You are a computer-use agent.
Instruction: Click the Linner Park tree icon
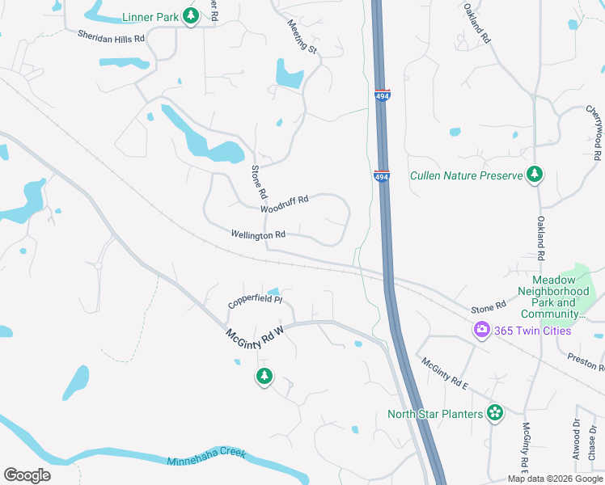coord(190,16)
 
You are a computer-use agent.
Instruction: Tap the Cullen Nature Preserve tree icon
coord(534,175)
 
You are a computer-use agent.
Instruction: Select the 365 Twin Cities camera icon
coord(482,329)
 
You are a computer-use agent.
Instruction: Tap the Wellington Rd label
coord(258,234)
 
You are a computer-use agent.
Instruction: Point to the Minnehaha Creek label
coord(205,462)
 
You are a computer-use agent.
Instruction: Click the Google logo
coord(27,475)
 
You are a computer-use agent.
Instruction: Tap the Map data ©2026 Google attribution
coord(555,479)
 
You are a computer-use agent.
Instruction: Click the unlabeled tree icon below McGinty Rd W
coord(264,376)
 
